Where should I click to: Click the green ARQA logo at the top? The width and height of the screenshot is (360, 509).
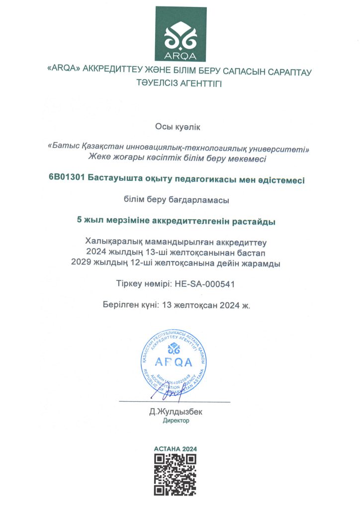180,34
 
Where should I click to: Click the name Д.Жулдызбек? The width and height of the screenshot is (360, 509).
176,412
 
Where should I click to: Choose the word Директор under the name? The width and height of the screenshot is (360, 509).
176,421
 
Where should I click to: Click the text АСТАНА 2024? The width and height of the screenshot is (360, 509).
176,449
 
